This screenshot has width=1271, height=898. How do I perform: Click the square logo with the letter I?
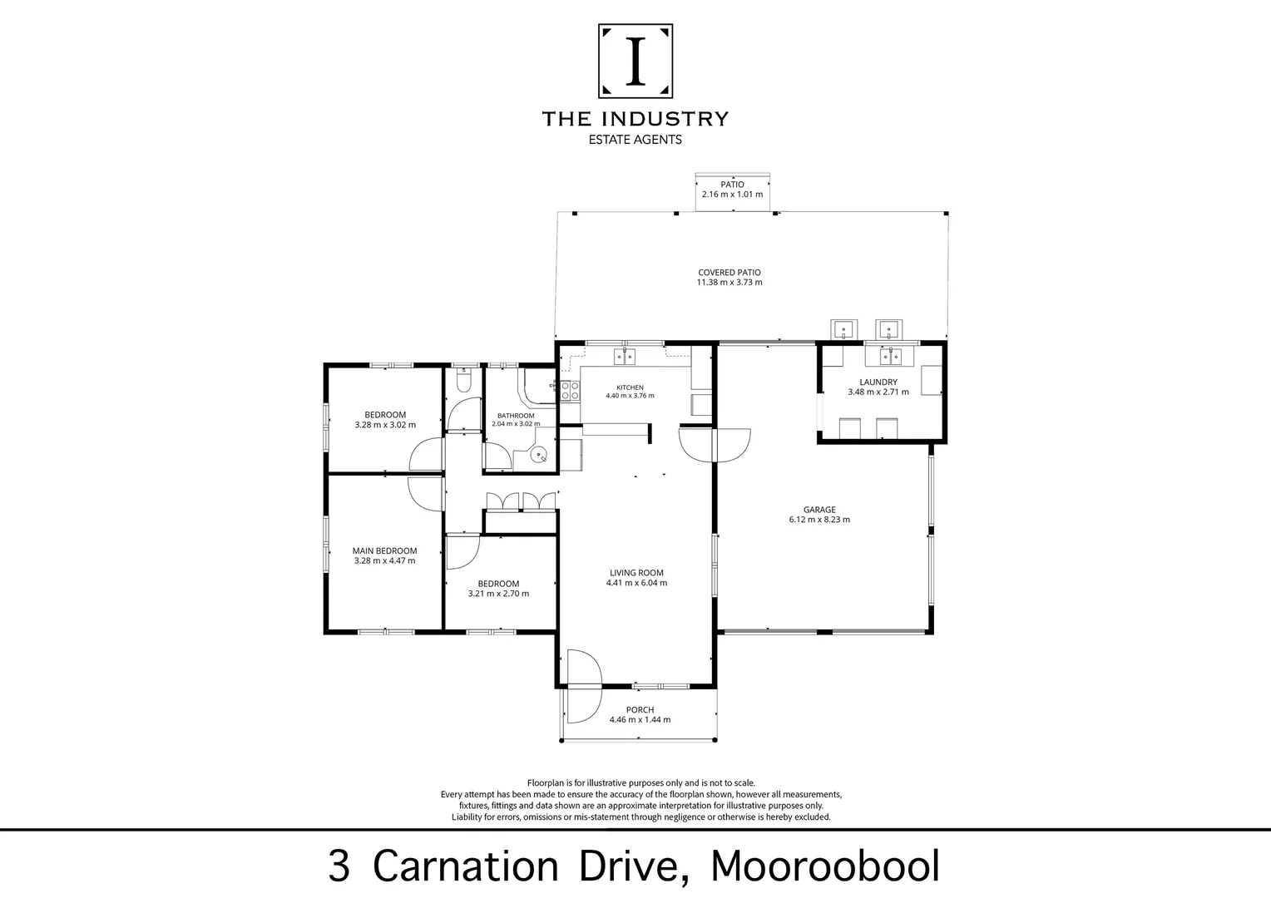635,61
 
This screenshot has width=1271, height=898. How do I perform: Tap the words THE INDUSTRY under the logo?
635,119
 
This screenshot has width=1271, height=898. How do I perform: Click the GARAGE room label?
819,510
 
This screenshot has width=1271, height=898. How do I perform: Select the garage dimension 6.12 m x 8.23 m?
819,519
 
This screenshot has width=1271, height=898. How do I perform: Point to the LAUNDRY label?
878,382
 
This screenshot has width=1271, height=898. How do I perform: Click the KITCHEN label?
630,387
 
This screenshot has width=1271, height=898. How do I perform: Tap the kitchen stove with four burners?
571,391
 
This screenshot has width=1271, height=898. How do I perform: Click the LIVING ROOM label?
636,573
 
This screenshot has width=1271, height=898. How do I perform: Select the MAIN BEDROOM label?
384,550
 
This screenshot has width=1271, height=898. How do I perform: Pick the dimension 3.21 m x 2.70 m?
499,594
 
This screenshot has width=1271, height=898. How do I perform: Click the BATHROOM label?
516,416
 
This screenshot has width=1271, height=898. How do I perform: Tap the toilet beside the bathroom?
463,380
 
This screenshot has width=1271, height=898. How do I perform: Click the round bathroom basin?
538,454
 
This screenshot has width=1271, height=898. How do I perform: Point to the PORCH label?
640,709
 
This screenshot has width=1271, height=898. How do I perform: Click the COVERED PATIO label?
729,272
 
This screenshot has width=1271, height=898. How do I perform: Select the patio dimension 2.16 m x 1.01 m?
733,194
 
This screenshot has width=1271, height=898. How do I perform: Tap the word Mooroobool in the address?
825,866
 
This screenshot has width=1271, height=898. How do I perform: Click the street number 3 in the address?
339,866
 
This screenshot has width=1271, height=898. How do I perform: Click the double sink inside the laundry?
890,357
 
